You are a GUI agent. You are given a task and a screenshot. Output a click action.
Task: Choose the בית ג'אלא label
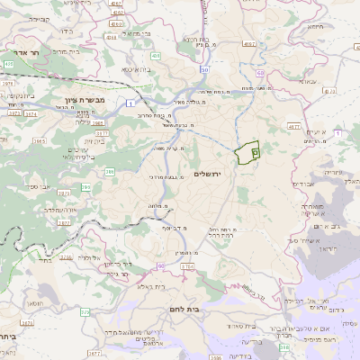[142, 287]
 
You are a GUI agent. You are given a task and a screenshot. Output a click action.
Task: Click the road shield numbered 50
[205, 69]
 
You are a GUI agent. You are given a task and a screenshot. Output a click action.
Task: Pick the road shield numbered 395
[86, 187]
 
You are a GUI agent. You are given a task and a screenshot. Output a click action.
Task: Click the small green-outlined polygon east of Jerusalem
[247, 152]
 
